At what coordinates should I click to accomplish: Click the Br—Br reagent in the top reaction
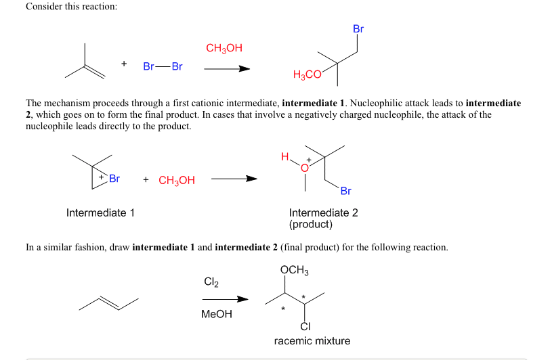pyautogui.click(x=163, y=66)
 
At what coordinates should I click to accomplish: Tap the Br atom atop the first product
pyautogui.click(x=358, y=29)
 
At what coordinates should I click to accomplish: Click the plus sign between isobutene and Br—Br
pyautogui.click(x=124, y=64)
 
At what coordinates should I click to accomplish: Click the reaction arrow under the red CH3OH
pyautogui.click(x=227, y=68)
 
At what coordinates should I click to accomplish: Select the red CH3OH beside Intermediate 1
pyautogui.click(x=177, y=180)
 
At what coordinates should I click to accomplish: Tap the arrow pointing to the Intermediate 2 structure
pyautogui.click(x=234, y=179)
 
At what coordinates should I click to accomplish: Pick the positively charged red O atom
pyautogui.click(x=304, y=166)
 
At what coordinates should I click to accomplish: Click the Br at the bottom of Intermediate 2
pyautogui.click(x=346, y=191)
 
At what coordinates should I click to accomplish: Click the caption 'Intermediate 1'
pyautogui.click(x=100, y=213)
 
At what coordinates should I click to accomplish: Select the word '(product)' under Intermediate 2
pyautogui.click(x=310, y=224)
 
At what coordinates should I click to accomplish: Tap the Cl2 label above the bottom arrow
pyautogui.click(x=211, y=281)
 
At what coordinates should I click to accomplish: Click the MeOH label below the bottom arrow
pyautogui.click(x=216, y=315)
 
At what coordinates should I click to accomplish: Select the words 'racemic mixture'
pyautogui.click(x=312, y=340)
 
